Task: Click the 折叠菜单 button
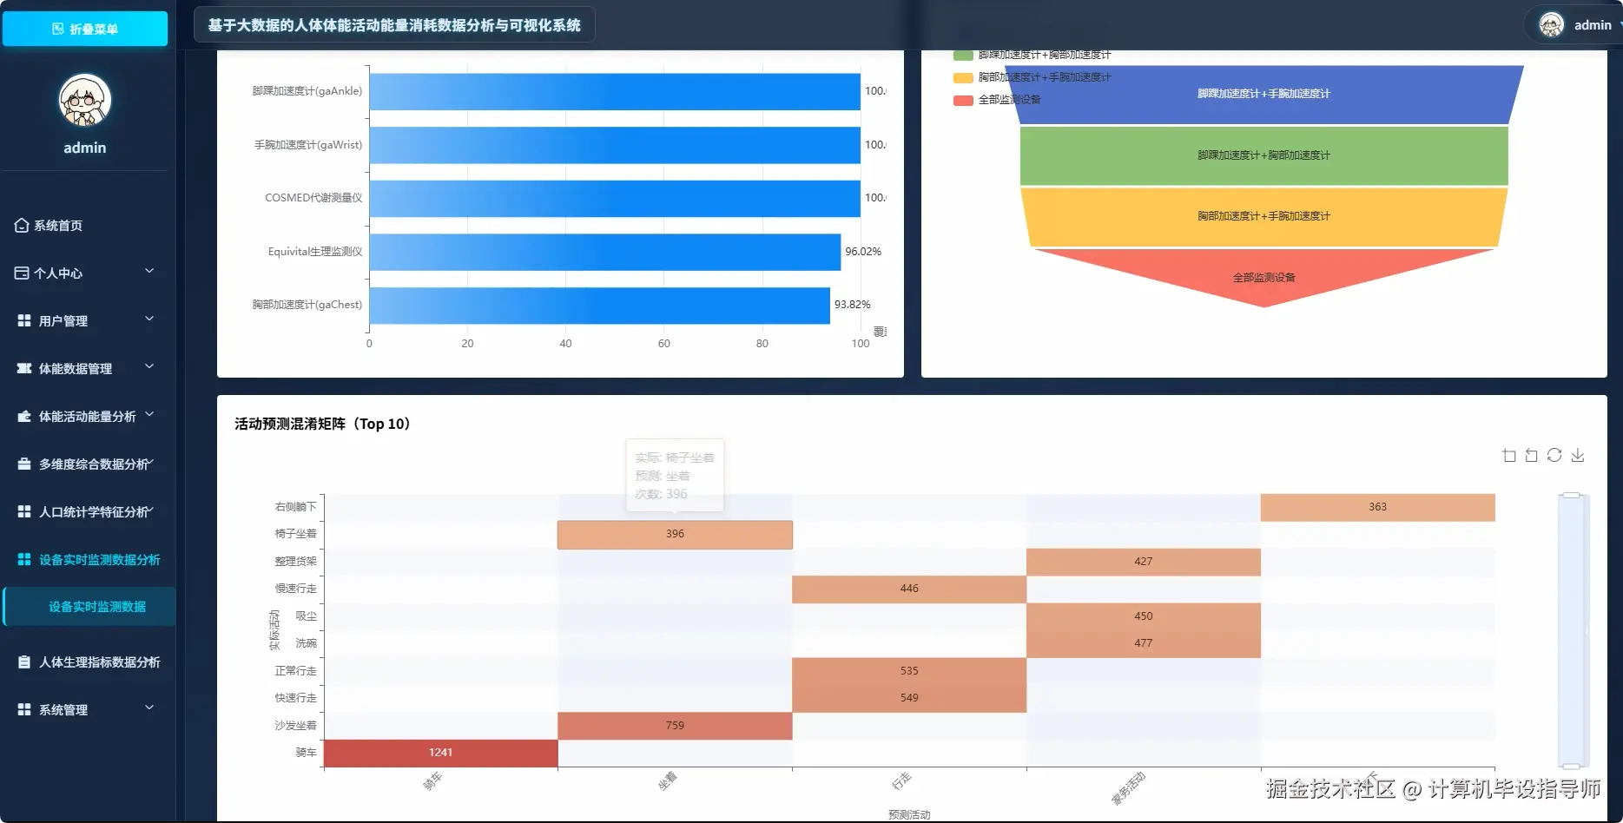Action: click(85, 29)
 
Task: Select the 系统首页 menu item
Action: click(58, 226)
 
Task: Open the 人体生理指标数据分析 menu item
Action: click(99, 662)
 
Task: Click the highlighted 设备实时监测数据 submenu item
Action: click(96, 607)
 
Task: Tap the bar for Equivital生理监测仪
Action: click(604, 252)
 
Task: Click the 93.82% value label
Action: click(852, 305)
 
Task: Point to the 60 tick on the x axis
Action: click(663, 344)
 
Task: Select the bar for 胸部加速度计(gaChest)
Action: click(599, 306)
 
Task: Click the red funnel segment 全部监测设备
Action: click(1263, 277)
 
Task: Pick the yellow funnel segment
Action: click(1263, 216)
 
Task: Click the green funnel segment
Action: click(1263, 155)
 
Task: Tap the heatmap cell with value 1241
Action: click(440, 753)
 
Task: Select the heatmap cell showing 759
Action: click(675, 726)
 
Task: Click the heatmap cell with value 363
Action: click(1377, 507)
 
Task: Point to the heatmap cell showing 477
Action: click(1143, 643)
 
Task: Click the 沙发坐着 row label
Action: click(295, 726)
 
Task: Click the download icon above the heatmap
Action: click(1578, 456)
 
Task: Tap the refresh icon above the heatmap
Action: click(1554, 456)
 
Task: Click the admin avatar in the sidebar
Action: click(85, 100)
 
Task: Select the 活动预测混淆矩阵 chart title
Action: click(322, 424)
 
